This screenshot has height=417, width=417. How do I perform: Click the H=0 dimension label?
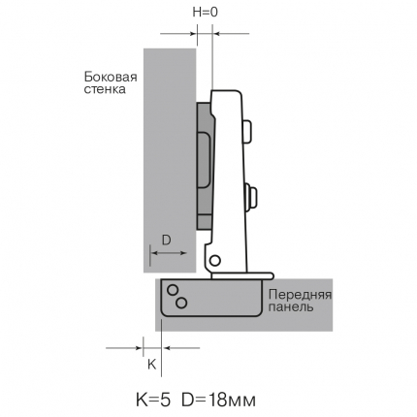[x=206, y=13]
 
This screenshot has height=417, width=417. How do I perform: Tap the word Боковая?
[x=111, y=78]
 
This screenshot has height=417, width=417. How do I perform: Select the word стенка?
[x=105, y=89]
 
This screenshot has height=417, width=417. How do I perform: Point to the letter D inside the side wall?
[x=166, y=241]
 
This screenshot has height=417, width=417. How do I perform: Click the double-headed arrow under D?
[x=169, y=253]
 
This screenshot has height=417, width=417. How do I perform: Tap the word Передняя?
[x=301, y=295]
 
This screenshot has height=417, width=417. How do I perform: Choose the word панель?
[x=291, y=306]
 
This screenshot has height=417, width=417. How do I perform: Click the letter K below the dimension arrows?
[x=152, y=365]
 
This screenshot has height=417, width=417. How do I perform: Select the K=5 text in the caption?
[x=153, y=401]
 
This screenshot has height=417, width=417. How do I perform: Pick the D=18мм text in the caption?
[x=218, y=401]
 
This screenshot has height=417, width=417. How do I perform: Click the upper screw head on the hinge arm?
[x=247, y=132]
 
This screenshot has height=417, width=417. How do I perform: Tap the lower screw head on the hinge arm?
[x=252, y=196]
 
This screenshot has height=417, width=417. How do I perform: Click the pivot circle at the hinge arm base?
[x=214, y=260]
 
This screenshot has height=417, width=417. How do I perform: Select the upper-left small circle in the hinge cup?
[x=173, y=290]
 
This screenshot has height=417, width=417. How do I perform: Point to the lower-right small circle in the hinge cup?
[x=181, y=303]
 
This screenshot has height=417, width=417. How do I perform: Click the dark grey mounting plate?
[x=205, y=166]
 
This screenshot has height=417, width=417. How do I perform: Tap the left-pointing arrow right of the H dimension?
[x=232, y=33]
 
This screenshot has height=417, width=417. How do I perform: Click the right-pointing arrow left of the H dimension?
[x=178, y=33]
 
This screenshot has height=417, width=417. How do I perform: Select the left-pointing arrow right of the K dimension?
[x=181, y=348]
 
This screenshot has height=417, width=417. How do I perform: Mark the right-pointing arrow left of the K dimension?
[x=124, y=348]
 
